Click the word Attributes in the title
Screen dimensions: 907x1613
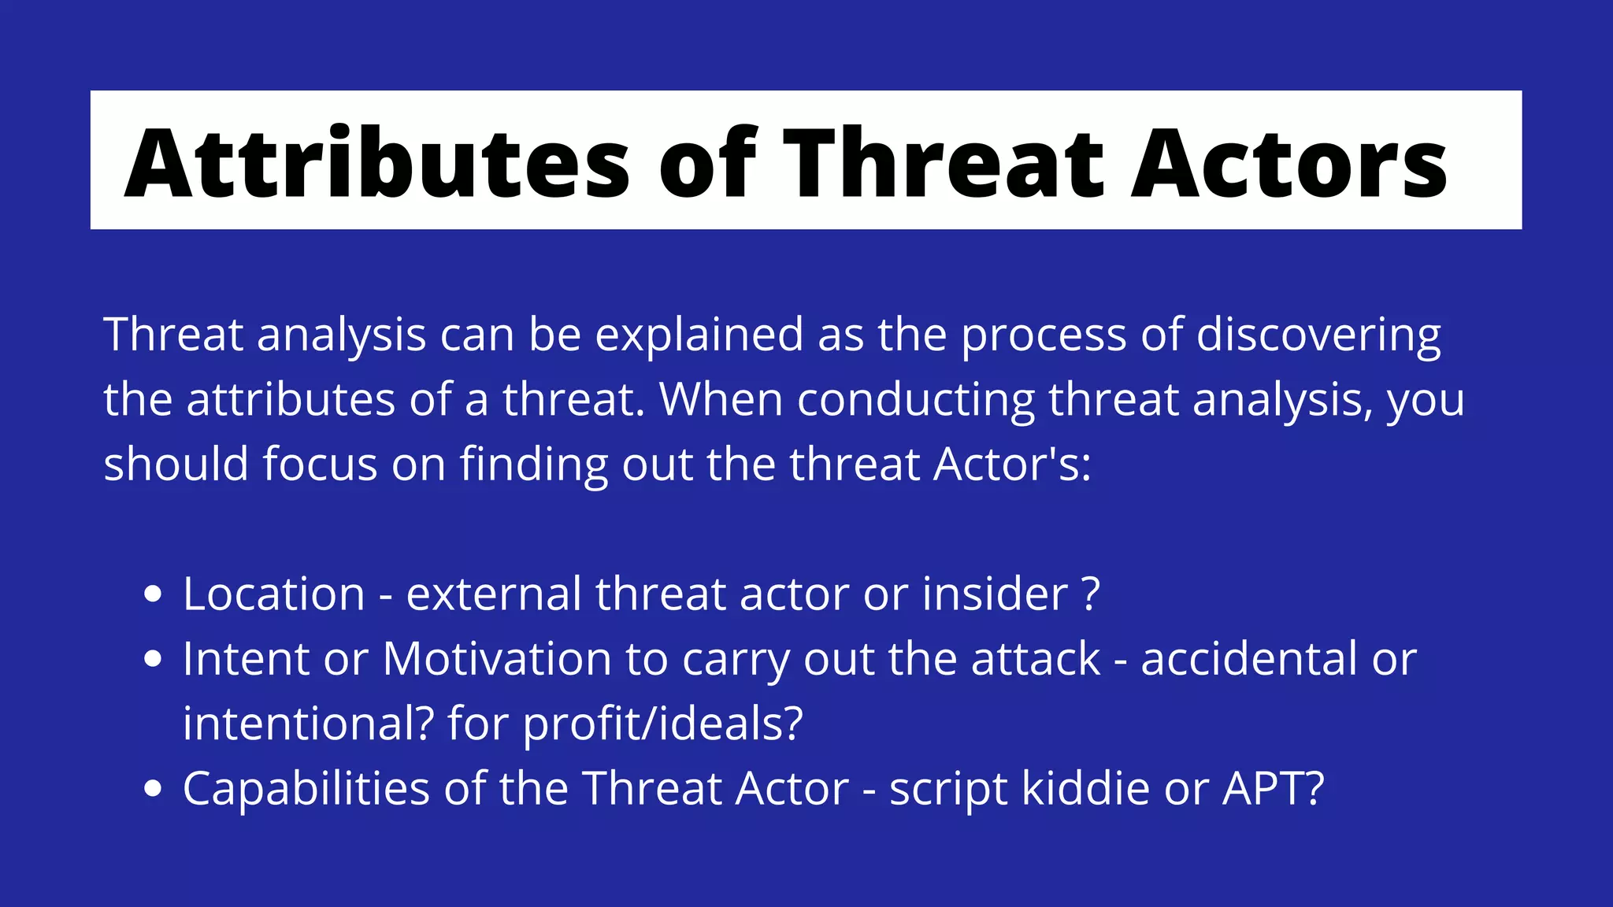click(x=376, y=163)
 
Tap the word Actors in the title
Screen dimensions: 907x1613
click(x=1289, y=163)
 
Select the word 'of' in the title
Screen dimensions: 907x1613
click(x=707, y=163)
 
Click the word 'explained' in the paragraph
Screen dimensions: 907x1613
click(x=699, y=335)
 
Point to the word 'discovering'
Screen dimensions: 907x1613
click(x=1318, y=335)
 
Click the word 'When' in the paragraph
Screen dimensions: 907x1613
click(x=721, y=400)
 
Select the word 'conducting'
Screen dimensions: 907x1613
click(x=915, y=400)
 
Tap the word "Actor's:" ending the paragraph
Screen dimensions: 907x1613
click(x=1012, y=465)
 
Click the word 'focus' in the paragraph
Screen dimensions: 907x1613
click(x=320, y=465)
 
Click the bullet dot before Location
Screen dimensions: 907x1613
click(x=154, y=594)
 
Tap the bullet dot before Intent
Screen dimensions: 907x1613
click(x=154, y=658)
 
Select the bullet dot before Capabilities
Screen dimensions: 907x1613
click(x=154, y=788)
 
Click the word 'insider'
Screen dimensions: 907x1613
click(x=995, y=594)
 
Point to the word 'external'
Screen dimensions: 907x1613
click(x=494, y=594)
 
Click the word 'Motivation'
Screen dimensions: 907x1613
click(x=497, y=658)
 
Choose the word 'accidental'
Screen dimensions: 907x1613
click(x=1249, y=658)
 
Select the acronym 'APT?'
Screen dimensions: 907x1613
click(x=1273, y=788)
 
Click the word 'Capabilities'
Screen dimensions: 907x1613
click(x=306, y=788)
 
